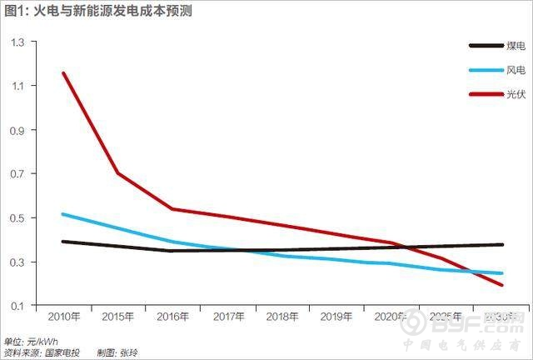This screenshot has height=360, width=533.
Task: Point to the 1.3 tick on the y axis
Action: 17,42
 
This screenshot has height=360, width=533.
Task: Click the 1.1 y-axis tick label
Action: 17,86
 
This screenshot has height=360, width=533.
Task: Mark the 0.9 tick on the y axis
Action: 17,130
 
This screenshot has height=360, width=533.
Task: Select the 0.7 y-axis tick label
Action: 17,174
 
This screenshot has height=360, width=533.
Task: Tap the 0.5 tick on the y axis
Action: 17,218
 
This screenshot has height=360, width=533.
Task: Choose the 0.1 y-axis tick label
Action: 17,307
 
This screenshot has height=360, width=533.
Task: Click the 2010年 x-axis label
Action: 63,318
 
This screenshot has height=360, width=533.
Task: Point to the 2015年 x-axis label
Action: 117,318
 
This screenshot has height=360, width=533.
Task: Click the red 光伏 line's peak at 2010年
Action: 63,73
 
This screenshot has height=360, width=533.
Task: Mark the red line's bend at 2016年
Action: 172,208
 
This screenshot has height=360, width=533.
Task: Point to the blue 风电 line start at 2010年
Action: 63,214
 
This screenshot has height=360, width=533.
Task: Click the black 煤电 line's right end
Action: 502,244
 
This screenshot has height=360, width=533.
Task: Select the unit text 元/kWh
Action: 45,341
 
